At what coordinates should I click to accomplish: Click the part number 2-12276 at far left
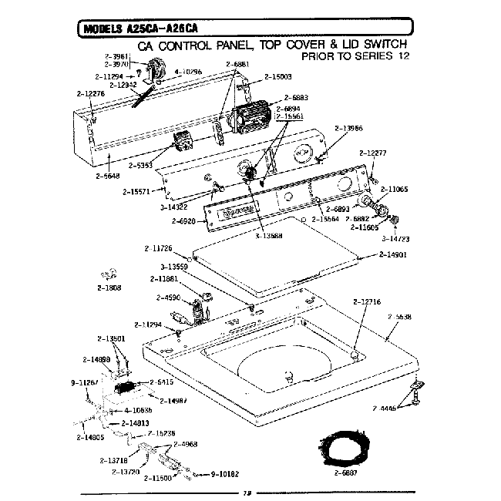(x=91, y=93)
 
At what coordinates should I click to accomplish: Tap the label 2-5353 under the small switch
(x=143, y=165)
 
